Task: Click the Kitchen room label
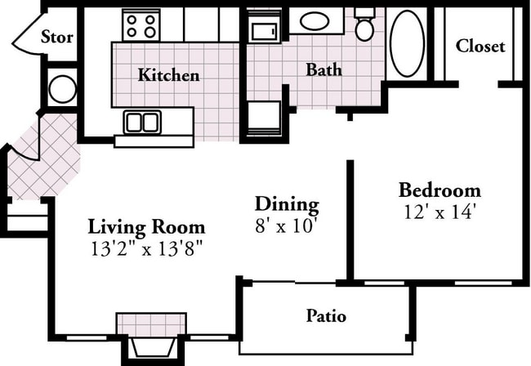coord(168,75)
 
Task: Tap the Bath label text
coord(324,69)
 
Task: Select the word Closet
coord(480,46)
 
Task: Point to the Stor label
coord(56,37)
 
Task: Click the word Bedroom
coord(440,190)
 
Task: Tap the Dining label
coord(287,203)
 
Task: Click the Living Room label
coord(146,226)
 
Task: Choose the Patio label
coord(326,315)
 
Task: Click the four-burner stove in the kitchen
coord(140,25)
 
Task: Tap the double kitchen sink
coord(142,123)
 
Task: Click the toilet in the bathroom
coord(364,27)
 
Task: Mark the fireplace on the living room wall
coord(151,335)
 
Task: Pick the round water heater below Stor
coord(62,88)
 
